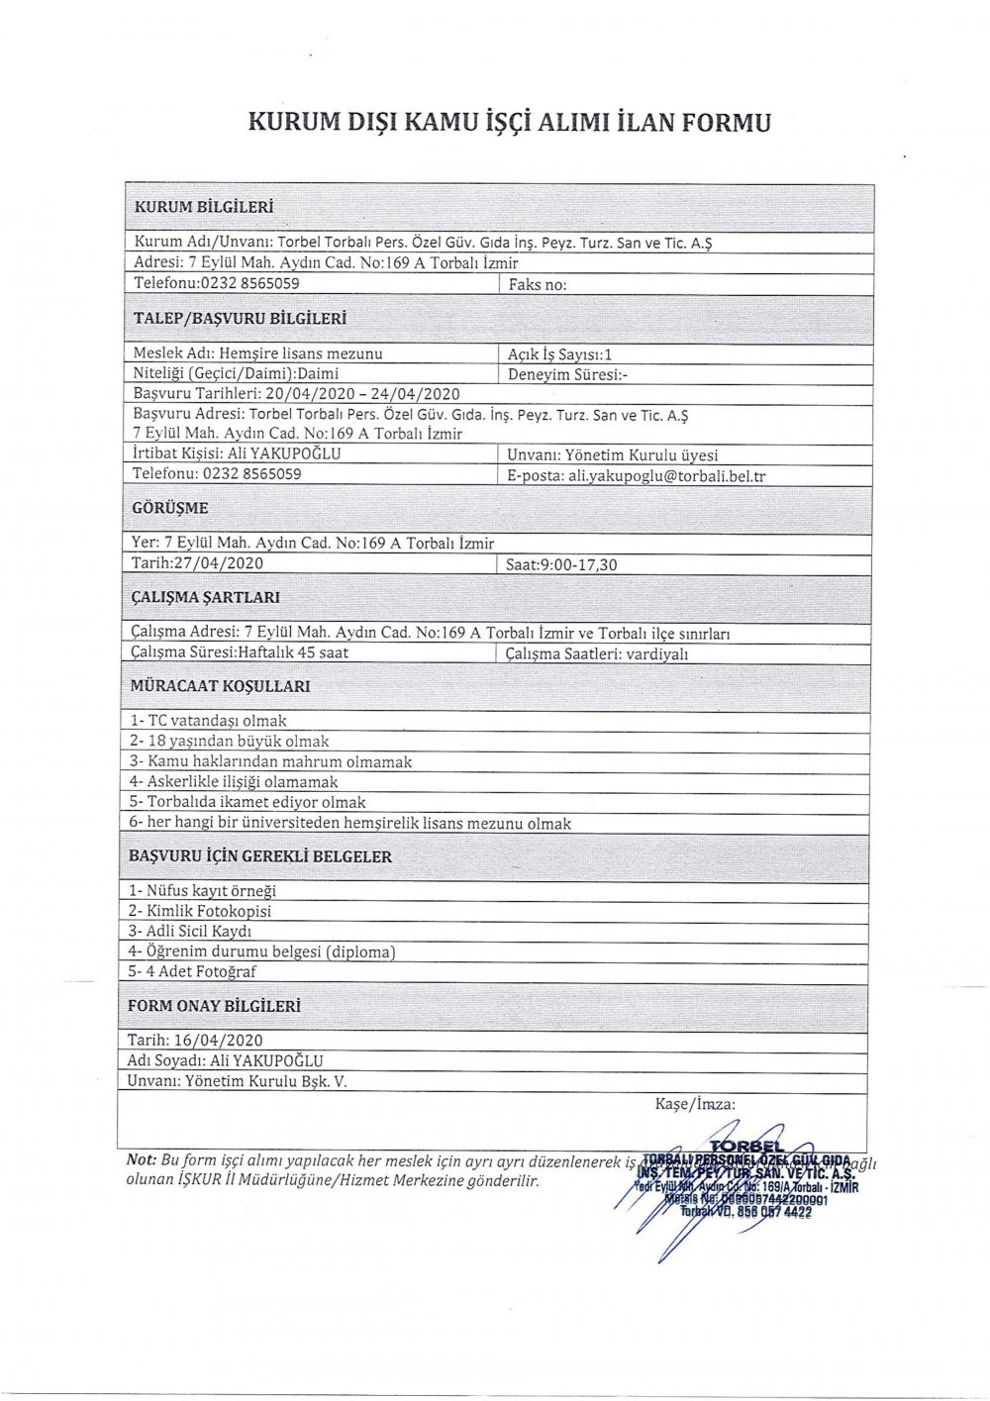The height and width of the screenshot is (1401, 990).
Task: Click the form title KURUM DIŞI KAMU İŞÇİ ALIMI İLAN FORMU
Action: click(x=508, y=123)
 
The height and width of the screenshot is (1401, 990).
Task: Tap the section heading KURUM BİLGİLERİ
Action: click(x=203, y=208)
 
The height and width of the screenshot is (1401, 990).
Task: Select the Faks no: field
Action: click(x=538, y=285)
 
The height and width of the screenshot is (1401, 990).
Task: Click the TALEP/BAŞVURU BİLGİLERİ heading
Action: click(x=240, y=319)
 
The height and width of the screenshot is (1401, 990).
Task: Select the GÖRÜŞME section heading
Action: click(x=170, y=508)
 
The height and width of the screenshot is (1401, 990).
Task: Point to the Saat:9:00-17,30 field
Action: click(x=561, y=564)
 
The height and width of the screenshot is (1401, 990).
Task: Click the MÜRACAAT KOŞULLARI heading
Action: click(x=220, y=685)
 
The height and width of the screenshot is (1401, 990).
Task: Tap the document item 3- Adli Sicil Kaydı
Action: click(x=190, y=932)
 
